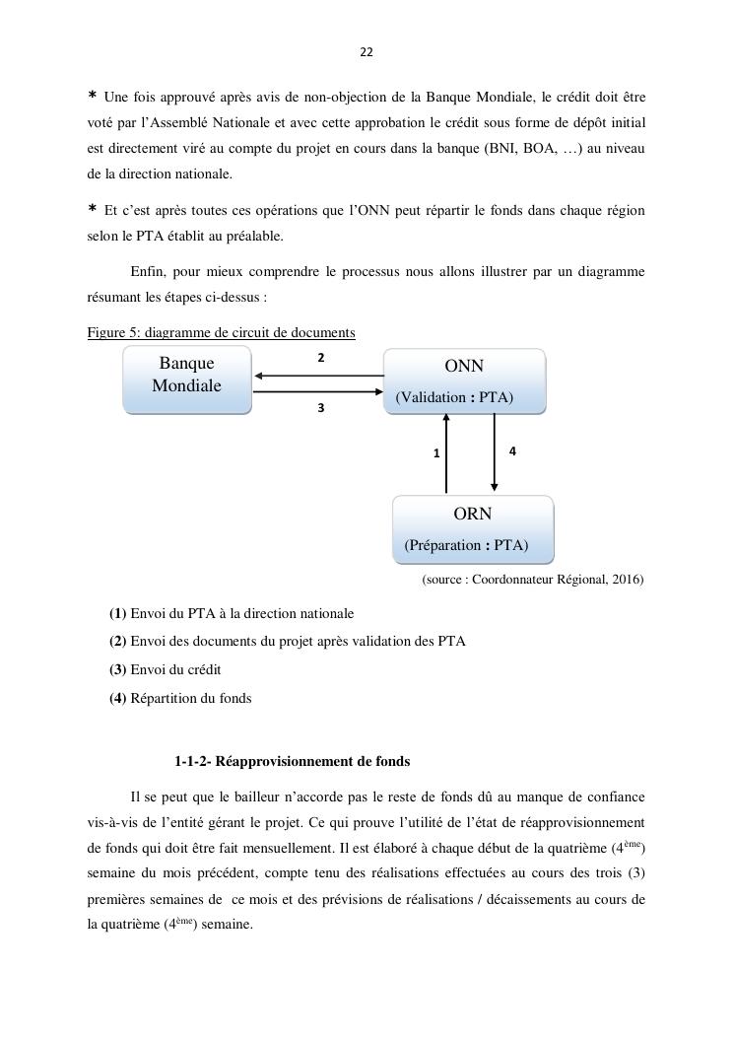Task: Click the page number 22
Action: coord(367,52)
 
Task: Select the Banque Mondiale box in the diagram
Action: coord(187,380)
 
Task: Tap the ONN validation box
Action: coord(464,381)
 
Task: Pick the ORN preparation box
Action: coord(473,529)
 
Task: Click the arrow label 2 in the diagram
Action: coord(321,358)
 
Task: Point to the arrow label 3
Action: coord(321,406)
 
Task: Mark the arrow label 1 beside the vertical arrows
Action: coord(436,453)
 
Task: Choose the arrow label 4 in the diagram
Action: coord(512,450)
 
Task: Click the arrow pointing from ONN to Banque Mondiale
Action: coord(317,376)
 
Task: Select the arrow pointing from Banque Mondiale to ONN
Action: coord(317,392)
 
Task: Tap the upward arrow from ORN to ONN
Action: coord(446,453)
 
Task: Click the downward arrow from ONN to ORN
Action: coord(495,453)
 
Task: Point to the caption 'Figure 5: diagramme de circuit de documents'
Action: coord(221,333)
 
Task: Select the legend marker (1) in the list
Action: coord(117,613)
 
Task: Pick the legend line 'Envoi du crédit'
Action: coord(175,669)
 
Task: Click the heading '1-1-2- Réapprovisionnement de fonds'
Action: coord(292,761)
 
